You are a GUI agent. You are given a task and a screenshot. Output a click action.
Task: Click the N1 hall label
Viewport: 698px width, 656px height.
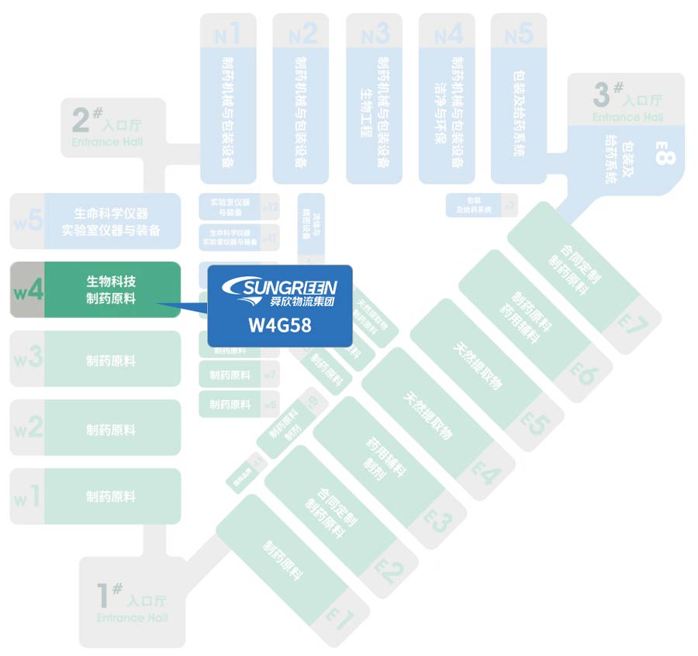coord(226,33)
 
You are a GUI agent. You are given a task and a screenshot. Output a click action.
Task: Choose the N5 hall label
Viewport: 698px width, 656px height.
coord(519,33)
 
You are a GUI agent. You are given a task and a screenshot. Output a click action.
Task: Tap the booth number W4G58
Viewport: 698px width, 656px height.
coord(280,325)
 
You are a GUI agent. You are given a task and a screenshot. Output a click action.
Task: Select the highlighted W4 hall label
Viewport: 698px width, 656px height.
coord(28,290)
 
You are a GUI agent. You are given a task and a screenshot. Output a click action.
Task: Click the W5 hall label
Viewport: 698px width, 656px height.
coord(28,220)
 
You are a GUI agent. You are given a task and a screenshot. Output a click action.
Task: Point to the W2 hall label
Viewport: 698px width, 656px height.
coord(28,428)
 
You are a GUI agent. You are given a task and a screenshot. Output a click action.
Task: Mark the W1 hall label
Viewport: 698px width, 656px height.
coord(28,497)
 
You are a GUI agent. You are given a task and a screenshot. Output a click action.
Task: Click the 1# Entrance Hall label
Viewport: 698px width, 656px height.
coord(132,601)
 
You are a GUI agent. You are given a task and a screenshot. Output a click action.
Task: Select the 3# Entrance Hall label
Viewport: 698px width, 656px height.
coord(627,102)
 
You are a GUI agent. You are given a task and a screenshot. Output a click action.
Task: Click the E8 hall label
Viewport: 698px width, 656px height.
coord(665,158)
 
